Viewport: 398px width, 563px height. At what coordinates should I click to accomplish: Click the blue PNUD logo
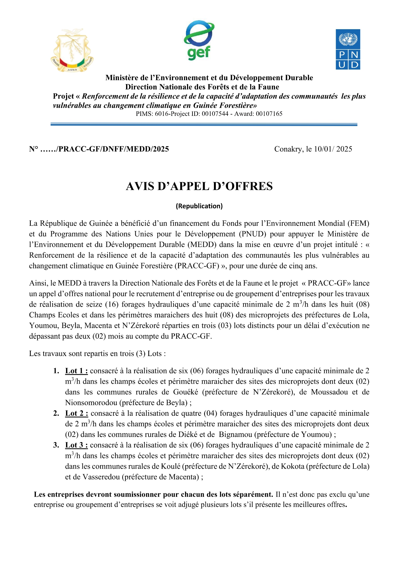click(348, 49)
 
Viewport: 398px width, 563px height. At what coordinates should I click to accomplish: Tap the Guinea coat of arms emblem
click(72, 51)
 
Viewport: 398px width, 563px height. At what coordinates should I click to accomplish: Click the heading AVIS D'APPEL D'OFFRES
click(199, 186)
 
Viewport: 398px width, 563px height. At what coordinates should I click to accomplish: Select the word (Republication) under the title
click(199, 206)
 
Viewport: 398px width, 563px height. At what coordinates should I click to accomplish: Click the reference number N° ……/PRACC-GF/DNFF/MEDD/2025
click(99, 149)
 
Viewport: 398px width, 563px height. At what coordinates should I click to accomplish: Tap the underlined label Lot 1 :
click(76, 371)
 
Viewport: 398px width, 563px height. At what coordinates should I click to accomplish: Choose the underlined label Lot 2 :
click(76, 414)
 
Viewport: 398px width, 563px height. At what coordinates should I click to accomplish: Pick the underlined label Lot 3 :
click(76, 445)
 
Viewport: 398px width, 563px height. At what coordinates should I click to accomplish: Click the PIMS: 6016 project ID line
click(209, 114)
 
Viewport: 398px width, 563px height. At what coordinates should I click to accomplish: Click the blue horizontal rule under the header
click(204, 124)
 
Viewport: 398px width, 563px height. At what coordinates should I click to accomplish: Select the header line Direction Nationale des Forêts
click(202, 87)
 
